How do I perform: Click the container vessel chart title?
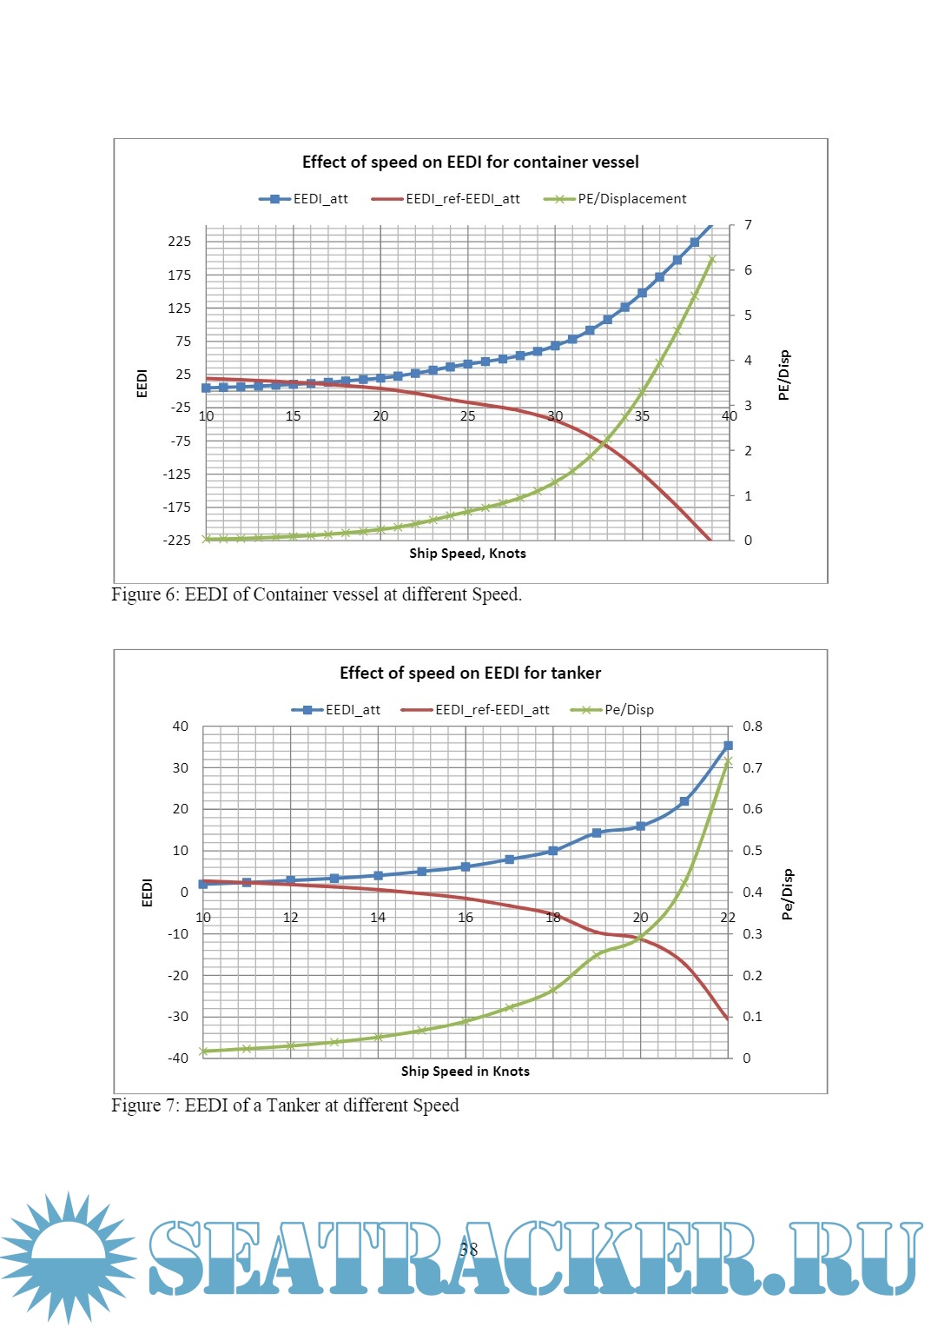click(x=470, y=163)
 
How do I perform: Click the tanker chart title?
click(x=470, y=673)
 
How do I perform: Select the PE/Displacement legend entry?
click(x=631, y=199)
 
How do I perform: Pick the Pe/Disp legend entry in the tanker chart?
click(x=629, y=710)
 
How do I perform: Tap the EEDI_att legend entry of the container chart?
click(x=320, y=199)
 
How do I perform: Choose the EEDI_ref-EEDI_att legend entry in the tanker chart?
click(x=492, y=710)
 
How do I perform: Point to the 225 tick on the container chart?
click(x=180, y=242)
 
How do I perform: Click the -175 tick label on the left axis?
click(x=177, y=508)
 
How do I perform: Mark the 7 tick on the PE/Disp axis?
click(x=748, y=226)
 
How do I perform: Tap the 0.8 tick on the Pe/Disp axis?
click(x=752, y=727)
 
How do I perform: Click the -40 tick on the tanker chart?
click(x=178, y=1058)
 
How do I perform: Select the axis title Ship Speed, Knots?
click(x=467, y=554)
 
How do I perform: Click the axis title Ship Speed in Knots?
click(x=465, y=1072)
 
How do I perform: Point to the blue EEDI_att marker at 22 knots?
click(x=728, y=746)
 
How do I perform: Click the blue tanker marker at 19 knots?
click(x=597, y=833)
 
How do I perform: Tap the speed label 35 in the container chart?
click(x=642, y=416)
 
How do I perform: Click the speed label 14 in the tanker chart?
click(x=378, y=918)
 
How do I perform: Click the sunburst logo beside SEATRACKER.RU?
click(x=68, y=1256)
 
